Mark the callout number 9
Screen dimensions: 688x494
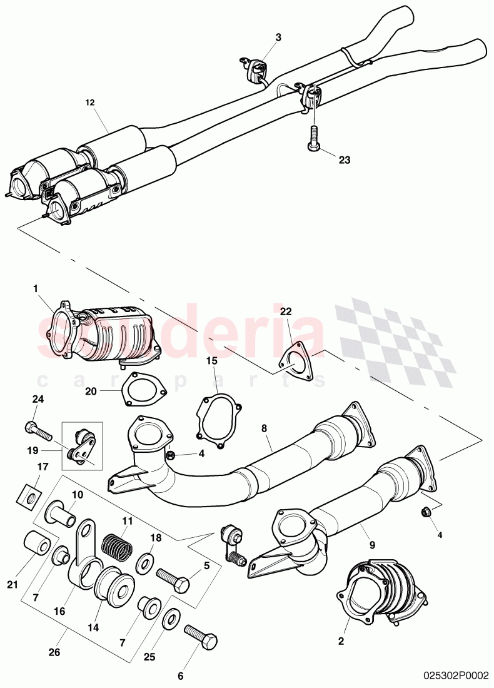point(372,545)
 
